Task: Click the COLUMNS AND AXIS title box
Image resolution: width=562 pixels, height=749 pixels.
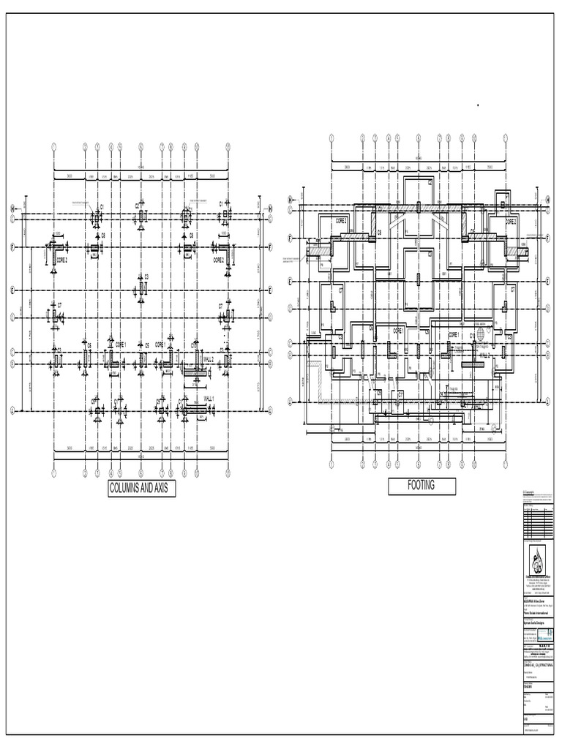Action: point(142,489)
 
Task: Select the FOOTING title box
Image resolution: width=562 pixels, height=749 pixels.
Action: point(421,486)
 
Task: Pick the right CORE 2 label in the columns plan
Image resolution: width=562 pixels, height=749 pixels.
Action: point(219,260)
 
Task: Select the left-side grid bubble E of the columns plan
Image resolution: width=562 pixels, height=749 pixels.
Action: point(12,290)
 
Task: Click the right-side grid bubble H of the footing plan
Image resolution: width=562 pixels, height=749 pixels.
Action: point(547,199)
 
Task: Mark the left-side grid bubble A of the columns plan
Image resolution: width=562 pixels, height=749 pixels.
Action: point(12,411)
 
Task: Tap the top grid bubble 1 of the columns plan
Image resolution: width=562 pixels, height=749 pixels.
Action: point(54,146)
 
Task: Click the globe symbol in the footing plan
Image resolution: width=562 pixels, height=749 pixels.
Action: point(481,332)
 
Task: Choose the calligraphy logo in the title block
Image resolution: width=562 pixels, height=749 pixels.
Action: point(539,562)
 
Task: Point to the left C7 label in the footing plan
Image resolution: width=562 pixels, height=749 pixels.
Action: point(341,290)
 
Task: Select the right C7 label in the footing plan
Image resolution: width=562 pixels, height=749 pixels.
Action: point(512,290)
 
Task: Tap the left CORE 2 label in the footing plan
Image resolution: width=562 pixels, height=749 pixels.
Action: point(342,220)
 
